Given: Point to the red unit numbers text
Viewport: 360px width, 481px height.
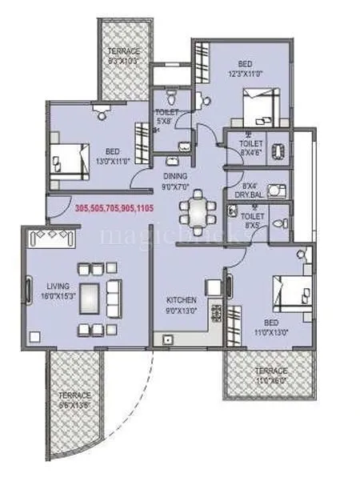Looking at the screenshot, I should pos(114,207).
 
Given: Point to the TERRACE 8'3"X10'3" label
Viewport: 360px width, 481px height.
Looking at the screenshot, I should pos(124,55).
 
